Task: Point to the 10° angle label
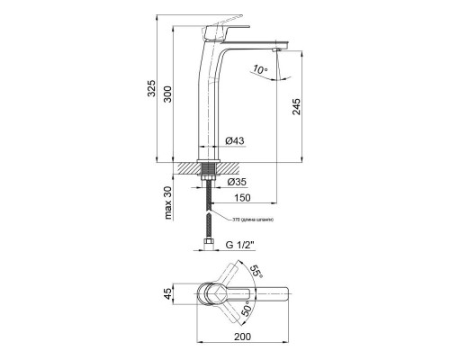coord(260,68)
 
